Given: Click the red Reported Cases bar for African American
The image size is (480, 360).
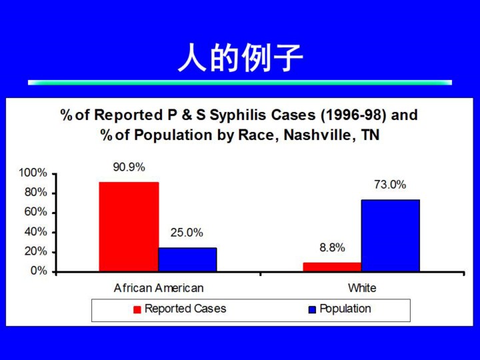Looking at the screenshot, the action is (x=129, y=227).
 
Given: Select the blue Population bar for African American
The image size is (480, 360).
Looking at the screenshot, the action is (x=187, y=259).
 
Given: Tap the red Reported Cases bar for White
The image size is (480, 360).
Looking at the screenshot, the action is (x=332, y=267).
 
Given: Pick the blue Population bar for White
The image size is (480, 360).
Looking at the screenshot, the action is (x=390, y=235).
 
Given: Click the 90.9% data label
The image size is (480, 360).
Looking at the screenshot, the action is (x=129, y=167).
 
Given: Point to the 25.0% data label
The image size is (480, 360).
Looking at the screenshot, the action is (x=187, y=233).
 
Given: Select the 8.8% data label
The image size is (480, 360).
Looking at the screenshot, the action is (x=332, y=247).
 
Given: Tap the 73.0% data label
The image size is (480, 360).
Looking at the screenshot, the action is (x=390, y=185).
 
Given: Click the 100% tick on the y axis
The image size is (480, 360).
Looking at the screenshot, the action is (x=33, y=173).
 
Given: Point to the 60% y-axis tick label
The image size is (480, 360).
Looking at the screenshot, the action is (x=36, y=212).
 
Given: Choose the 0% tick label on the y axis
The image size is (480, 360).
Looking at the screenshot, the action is (x=39, y=271).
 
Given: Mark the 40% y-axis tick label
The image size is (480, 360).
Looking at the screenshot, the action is (x=36, y=232).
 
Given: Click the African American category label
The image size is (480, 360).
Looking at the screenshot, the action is (x=159, y=288).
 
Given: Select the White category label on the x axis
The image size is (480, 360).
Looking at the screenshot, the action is (x=362, y=288).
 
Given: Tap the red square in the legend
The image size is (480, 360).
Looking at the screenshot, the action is (x=137, y=309).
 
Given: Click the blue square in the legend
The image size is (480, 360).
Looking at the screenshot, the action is (x=312, y=310).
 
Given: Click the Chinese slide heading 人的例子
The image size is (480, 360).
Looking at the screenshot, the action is (x=240, y=57).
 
